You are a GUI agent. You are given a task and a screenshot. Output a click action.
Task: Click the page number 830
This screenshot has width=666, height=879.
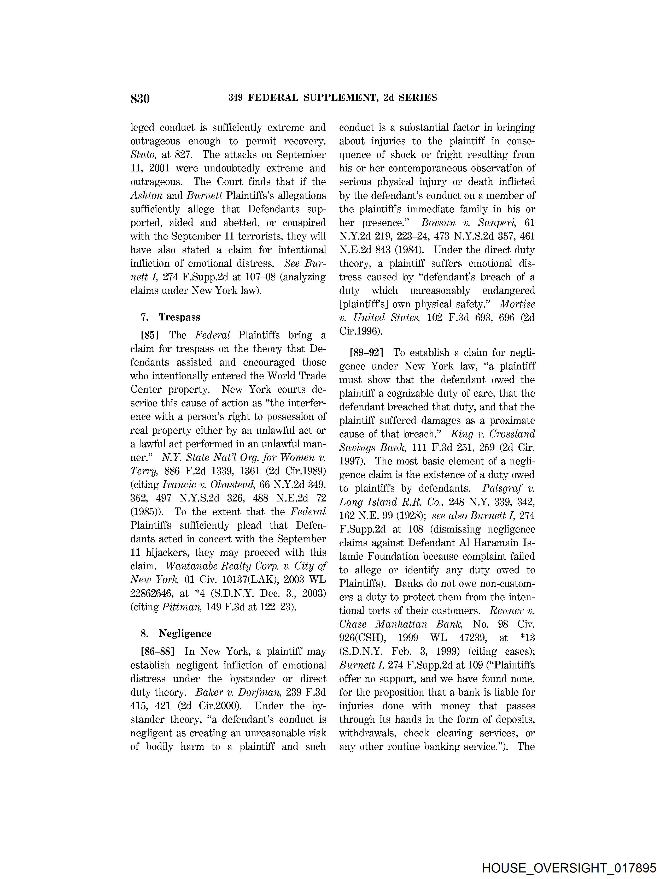click(140, 98)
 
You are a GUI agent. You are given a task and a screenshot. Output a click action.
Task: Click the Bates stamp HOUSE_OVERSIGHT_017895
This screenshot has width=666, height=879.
click(569, 868)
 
